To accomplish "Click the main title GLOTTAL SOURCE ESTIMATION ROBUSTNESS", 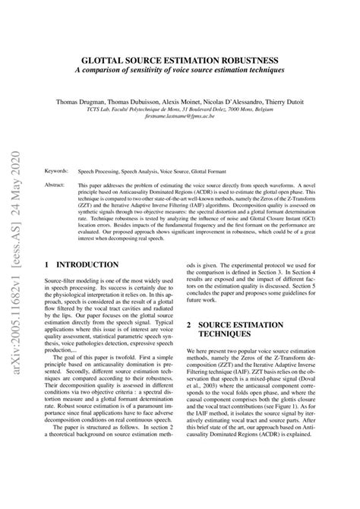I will (196, 58).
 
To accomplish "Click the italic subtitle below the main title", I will (196, 71).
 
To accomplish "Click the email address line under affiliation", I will (196, 118).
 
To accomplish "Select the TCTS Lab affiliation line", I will (196, 109).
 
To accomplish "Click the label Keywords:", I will (58, 172).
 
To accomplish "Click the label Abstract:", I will (56, 185).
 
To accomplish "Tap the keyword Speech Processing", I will (101, 172).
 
